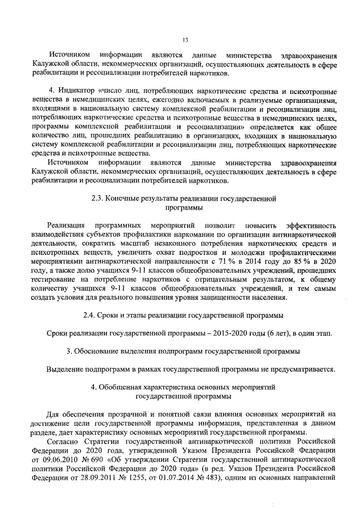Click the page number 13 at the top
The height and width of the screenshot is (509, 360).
pyautogui.click(x=184, y=39)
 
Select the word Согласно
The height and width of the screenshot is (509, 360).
pyautogui.click(x=64, y=442)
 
